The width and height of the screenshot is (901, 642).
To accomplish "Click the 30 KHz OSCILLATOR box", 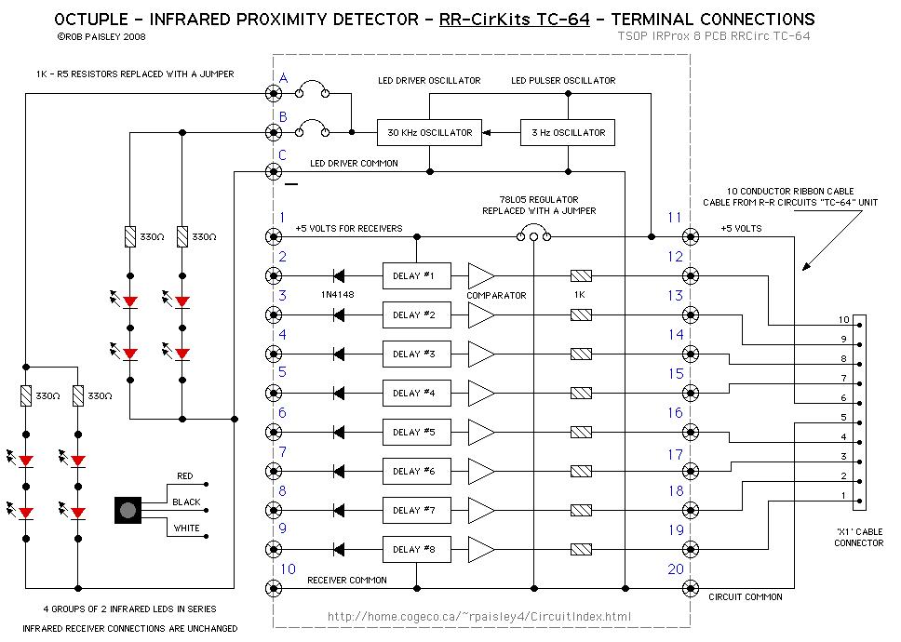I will pos(429,132).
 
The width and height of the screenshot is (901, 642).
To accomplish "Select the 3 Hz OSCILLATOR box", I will pos(568,132).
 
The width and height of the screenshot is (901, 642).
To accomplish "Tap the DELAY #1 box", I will pos(416,275).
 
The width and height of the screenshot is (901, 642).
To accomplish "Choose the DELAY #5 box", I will pos(416,432).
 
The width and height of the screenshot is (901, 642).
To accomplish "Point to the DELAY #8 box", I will pos(416,549).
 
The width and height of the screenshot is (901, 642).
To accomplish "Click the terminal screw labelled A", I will pos(274,93).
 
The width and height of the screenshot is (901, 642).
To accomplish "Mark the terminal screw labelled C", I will pos(274,171).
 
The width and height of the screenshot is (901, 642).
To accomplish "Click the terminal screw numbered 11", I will pos(690,236).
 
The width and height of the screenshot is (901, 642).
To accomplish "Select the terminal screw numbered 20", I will pos(690,588).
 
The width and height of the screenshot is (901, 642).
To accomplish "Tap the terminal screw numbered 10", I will pos(274,588).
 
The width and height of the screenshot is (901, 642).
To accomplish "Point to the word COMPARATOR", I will pos(496,295).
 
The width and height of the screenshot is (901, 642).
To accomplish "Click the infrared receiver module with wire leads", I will pos(128,509).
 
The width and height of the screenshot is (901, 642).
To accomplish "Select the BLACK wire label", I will pos(186,502).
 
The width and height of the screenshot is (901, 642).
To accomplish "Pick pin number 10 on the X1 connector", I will pos(843,320).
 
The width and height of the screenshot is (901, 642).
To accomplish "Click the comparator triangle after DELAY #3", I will pos(480,354).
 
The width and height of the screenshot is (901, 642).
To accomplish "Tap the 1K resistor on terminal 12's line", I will pos(581,275).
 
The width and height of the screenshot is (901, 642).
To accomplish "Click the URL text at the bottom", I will pos(479,616).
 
